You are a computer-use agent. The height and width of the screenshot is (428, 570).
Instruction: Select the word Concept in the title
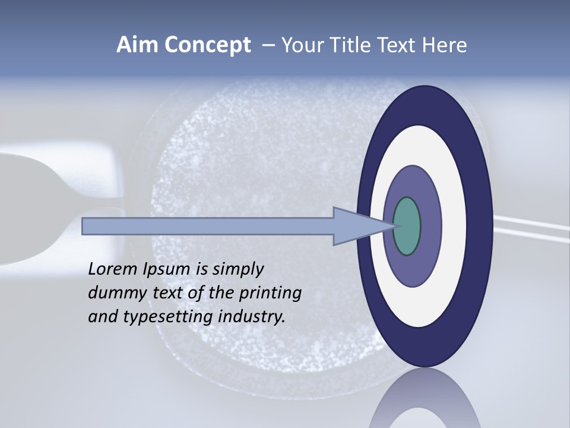pyautogui.click(x=207, y=46)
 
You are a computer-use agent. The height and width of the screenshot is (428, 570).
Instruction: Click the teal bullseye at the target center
pyautogui.click(x=407, y=226)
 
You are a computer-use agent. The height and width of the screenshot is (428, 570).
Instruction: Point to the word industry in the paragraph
pyautogui.click(x=251, y=317)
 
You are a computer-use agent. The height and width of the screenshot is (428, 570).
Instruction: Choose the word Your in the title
pyautogui.click(x=300, y=45)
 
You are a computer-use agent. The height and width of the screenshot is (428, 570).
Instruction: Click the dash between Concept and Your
pyautogui.click(x=268, y=46)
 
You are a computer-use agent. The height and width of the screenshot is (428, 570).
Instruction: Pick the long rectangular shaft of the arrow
pyautogui.click(x=208, y=226)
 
